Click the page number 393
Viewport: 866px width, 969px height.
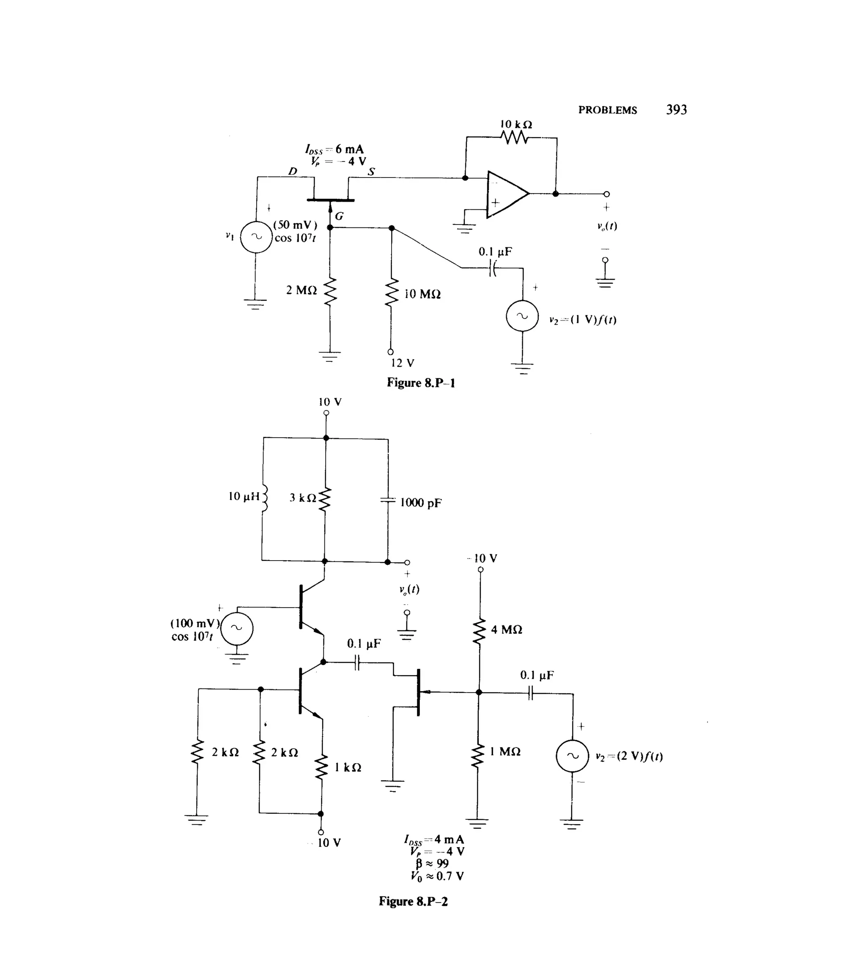[x=676, y=110]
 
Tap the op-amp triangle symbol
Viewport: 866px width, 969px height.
[x=506, y=194]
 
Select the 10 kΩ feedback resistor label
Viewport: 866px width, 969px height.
[x=516, y=125]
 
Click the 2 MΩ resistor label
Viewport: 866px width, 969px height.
[x=301, y=290]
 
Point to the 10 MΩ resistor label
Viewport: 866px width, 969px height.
[x=422, y=294]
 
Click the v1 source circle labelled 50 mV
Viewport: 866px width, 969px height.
[x=256, y=236]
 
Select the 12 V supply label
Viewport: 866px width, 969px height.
[x=403, y=364]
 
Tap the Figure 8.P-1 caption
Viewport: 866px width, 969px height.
[x=421, y=383]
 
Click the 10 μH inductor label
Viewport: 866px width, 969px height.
[x=244, y=497]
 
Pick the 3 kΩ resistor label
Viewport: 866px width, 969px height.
[x=303, y=498]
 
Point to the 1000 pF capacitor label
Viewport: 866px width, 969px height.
[x=421, y=503]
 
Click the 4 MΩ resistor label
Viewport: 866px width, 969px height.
[x=506, y=630]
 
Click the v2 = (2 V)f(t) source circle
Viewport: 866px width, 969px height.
[x=573, y=756]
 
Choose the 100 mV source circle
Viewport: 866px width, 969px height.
[x=236, y=629]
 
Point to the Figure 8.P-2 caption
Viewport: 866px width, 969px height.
[x=413, y=901]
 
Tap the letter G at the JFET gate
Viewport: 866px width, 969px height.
[x=339, y=216]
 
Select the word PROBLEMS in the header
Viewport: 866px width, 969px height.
[x=607, y=110]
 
